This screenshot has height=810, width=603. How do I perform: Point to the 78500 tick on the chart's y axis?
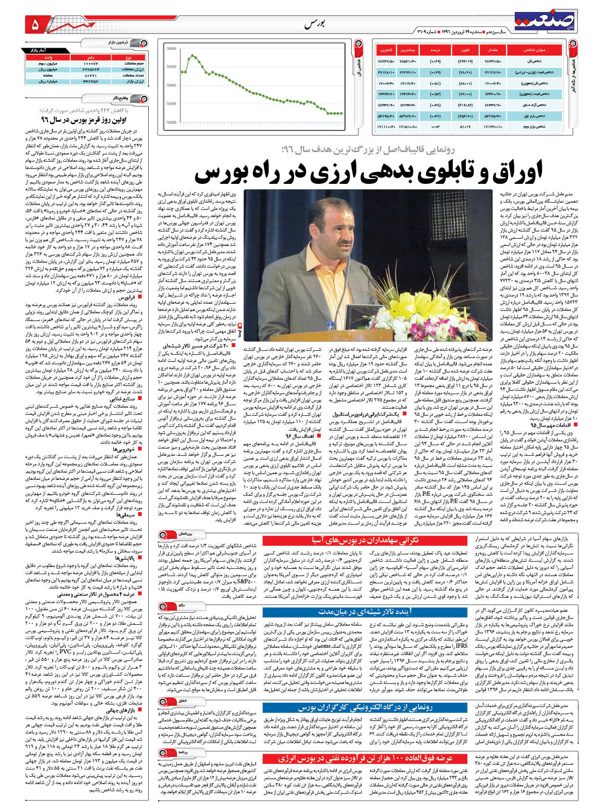(x=170, y=67)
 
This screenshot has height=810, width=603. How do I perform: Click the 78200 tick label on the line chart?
(x=170, y=122)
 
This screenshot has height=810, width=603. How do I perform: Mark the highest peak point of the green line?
(x=192, y=55)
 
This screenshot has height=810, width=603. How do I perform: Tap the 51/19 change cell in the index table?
(x=465, y=127)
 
